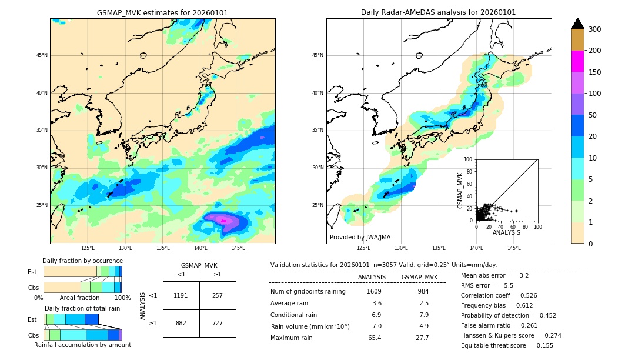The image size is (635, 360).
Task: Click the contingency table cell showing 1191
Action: click(181, 295)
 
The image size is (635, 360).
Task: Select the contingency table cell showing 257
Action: click(218, 295)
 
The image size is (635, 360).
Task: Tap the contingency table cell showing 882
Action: click(181, 323)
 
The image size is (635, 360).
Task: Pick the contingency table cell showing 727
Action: click(218, 323)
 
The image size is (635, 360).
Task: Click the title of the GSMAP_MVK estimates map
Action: click(162, 13)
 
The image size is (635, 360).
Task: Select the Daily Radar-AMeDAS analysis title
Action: click(438, 13)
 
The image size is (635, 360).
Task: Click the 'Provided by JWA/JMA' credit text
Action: click(360, 238)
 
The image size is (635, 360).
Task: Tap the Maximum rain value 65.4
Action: click(374, 338)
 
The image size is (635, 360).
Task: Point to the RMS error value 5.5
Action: click(509, 285)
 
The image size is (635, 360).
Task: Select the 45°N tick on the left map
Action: click(42, 55)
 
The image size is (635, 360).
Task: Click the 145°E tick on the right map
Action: click(514, 248)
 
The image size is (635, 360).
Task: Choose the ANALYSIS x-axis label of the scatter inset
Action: click(506, 232)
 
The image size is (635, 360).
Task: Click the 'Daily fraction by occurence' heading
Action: click(82, 261)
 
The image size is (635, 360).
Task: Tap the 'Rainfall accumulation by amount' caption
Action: click(82, 345)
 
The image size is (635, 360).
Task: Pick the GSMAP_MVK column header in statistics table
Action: click(419, 277)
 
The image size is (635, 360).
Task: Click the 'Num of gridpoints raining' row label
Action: click(308, 291)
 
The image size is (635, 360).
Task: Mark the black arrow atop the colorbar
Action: click(578, 24)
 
